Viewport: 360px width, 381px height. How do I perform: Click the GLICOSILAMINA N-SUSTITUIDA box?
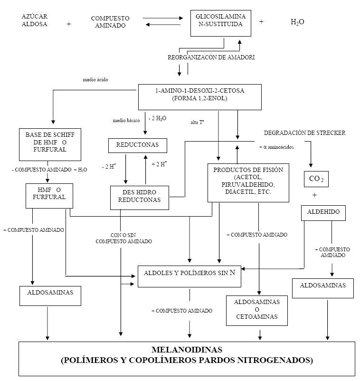point(219,22)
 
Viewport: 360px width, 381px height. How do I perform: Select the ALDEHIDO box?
point(323,212)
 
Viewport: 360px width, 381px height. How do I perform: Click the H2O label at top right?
point(297,22)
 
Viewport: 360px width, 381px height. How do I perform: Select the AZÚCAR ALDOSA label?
point(35,20)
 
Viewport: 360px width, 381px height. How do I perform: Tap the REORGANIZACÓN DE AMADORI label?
point(211,57)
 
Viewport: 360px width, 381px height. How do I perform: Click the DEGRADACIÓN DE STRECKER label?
point(304,133)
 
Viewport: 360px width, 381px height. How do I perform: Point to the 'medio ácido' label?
point(95,80)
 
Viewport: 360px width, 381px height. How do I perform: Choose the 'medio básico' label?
point(126,120)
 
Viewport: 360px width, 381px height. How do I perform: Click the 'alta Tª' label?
point(198,122)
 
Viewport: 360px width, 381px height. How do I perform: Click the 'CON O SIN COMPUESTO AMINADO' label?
point(123,238)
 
